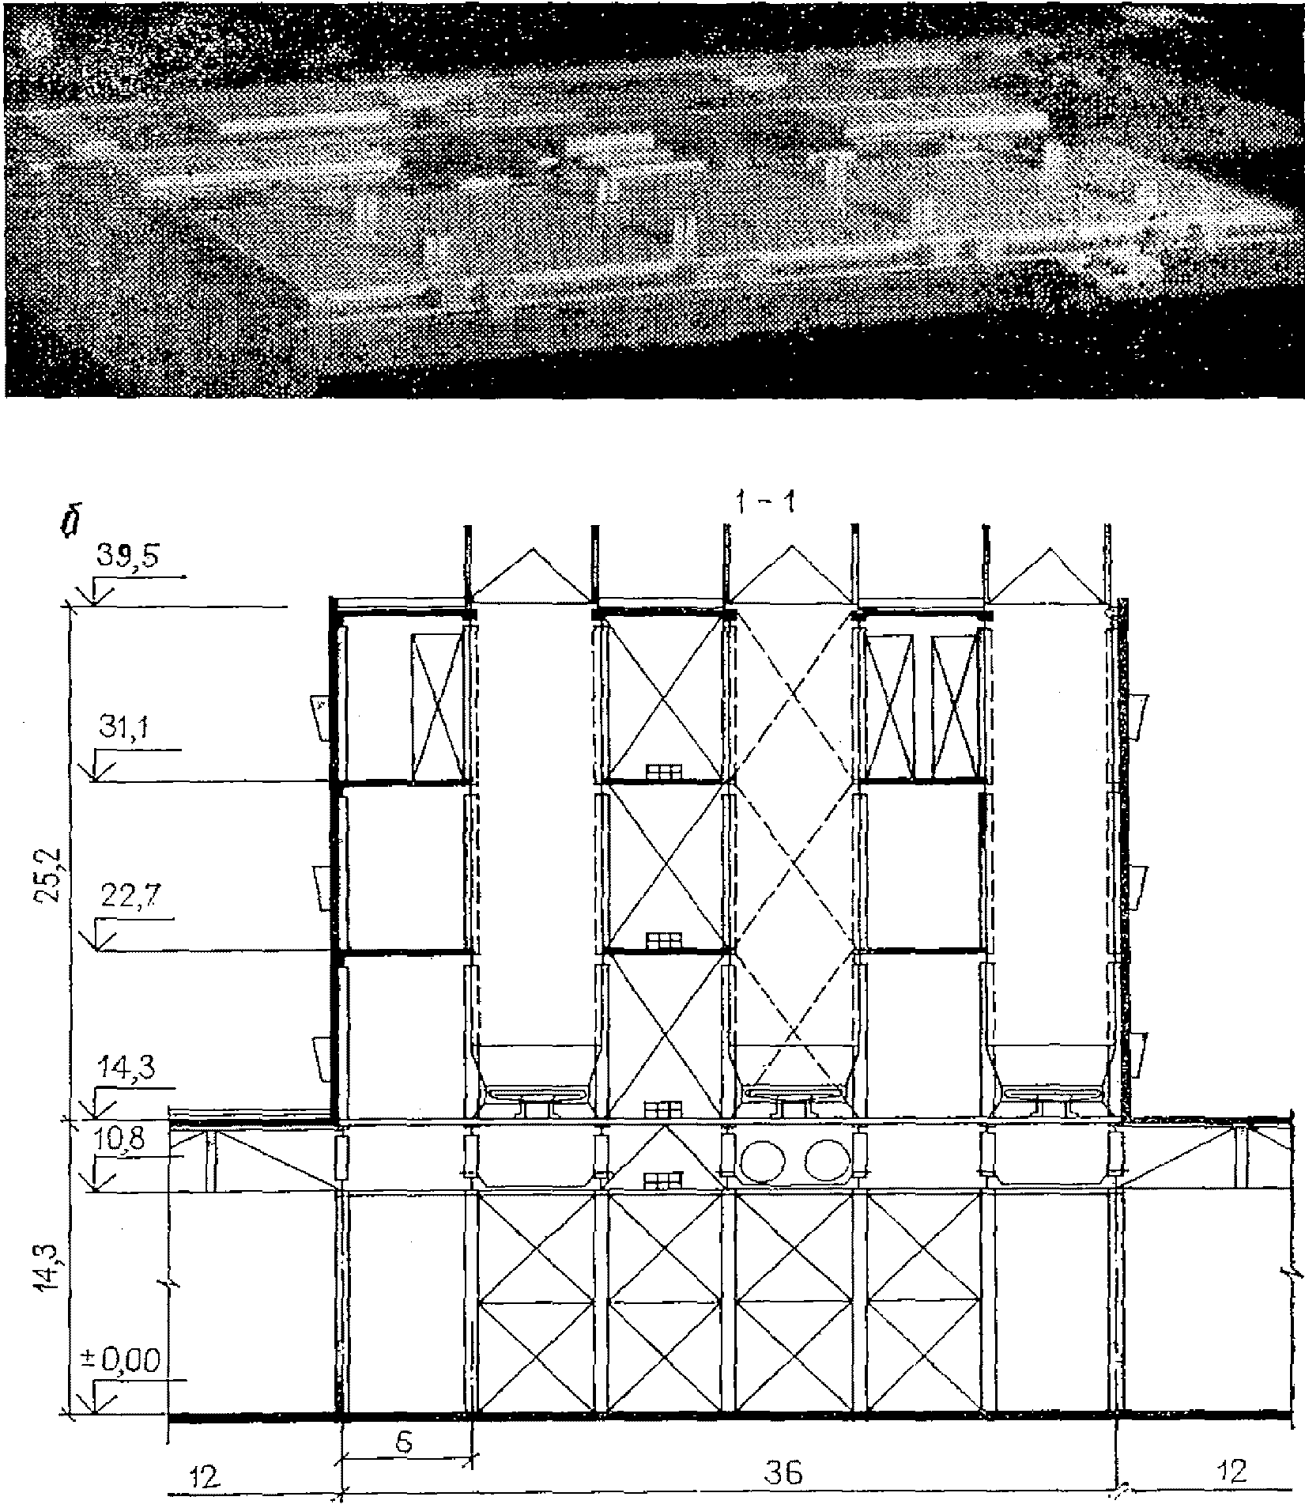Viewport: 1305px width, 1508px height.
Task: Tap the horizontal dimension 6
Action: pos(403,1442)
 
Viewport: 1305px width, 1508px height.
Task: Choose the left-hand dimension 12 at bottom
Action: pos(206,1474)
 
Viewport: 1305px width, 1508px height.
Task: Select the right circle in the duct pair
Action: pos(826,1159)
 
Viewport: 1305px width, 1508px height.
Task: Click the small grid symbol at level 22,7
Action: pos(663,940)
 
